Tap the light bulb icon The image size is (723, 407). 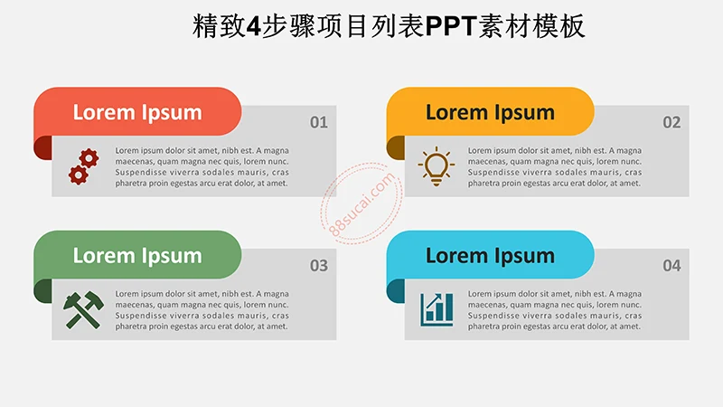point(436,166)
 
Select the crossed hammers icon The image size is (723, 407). point(82,309)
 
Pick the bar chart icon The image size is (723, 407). point(437,309)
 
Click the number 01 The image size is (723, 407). point(319,122)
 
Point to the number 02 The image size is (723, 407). point(671,122)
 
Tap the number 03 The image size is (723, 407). point(319,266)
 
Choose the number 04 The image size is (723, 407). point(671,266)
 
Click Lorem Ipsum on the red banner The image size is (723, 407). point(137,112)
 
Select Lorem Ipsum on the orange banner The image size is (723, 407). point(490,112)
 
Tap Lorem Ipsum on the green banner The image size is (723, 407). point(137,256)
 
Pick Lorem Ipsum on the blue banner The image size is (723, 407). point(490,256)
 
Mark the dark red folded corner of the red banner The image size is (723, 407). point(42,146)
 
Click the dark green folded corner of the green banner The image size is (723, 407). point(42,290)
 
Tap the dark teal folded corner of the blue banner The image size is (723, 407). point(395,290)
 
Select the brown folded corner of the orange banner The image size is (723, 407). point(395,146)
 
